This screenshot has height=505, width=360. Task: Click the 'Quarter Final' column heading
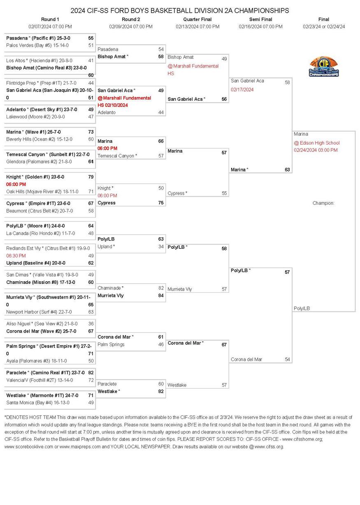(197, 19)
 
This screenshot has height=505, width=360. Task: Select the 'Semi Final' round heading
(260, 19)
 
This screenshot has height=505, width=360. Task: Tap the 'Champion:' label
(323, 203)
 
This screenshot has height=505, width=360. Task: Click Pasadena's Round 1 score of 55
(91, 38)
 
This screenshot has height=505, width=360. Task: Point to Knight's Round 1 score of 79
(91, 177)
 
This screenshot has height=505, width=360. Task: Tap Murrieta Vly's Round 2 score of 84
(161, 296)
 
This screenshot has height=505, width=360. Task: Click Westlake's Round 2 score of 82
(161, 391)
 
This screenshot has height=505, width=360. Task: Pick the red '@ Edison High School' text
(316, 143)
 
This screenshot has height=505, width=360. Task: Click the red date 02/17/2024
(242, 90)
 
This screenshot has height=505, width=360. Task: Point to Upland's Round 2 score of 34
(161, 247)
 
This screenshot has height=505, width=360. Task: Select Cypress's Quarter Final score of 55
(224, 193)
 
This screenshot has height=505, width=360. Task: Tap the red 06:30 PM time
(16, 256)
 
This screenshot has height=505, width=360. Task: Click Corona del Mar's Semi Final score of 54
(287, 359)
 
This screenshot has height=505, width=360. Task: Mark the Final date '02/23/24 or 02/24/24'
(324, 27)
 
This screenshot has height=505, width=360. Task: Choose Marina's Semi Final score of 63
(287, 169)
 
